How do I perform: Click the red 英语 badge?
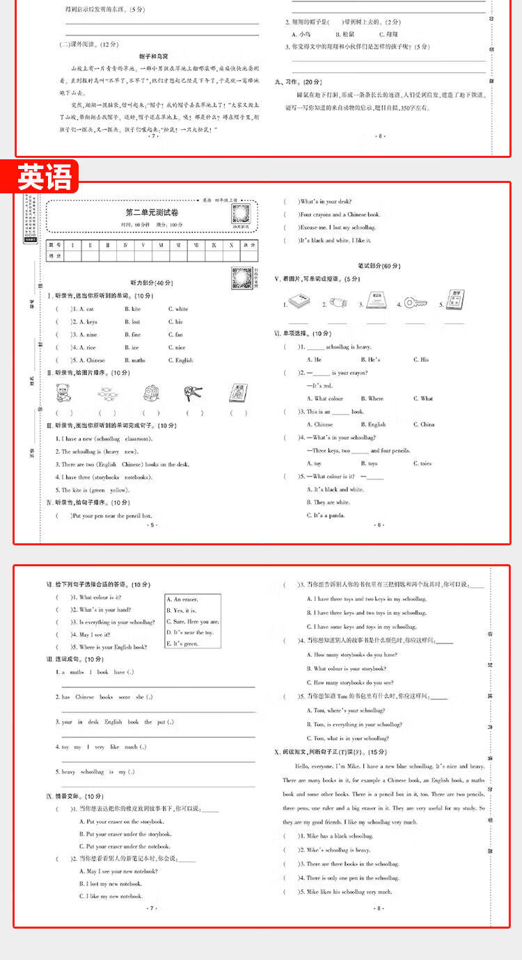45,177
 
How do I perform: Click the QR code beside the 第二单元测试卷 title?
242,213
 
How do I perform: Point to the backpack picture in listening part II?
150,394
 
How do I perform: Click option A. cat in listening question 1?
87,309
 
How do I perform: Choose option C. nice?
176,348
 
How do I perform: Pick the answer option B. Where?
372,399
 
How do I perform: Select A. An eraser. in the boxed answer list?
182,599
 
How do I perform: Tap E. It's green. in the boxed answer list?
182,644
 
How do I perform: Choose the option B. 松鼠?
345,34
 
